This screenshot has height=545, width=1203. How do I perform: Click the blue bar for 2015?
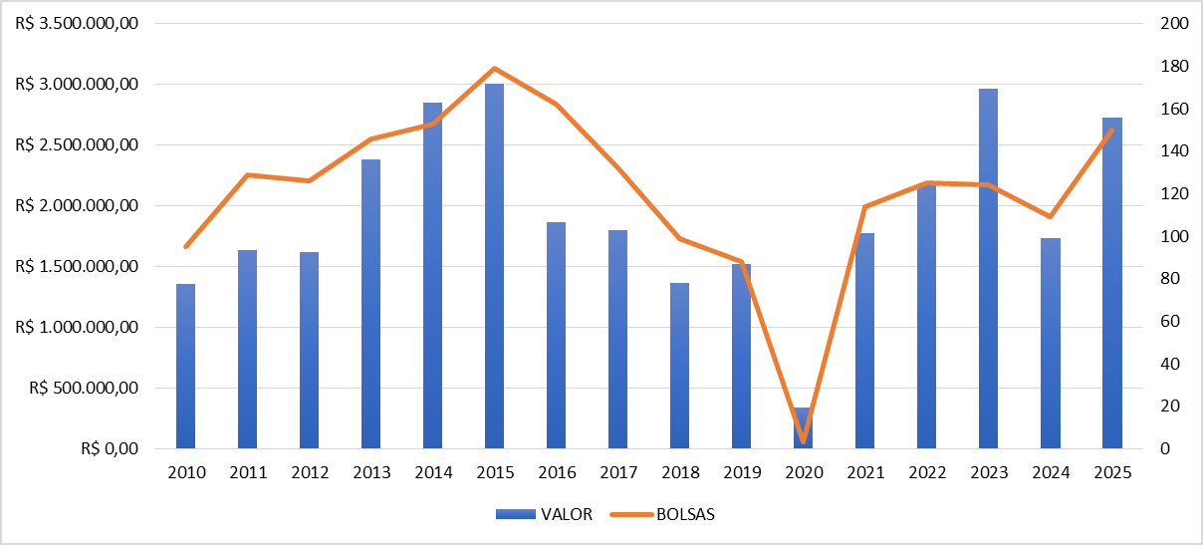pos(494,266)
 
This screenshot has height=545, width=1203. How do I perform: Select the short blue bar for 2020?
pos(803,427)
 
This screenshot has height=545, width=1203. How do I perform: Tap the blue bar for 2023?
pos(988,269)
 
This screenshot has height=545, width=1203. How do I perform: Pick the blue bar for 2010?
pos(185,366)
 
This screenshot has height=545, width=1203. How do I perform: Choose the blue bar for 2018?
pos(679,366)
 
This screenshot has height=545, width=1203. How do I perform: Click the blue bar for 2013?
pos(370,304)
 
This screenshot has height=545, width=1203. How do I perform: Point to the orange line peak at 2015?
pos(495,69)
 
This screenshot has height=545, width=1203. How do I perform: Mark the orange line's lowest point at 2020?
pos(804,441)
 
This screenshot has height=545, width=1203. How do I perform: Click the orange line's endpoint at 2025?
pos(1112,131)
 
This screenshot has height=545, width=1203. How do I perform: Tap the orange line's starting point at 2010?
pos(186,247)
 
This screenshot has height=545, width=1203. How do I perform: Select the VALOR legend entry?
pos(544,514)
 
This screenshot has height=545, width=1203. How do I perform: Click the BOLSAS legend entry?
pos(662,514)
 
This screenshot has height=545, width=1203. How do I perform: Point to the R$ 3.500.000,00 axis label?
pos(77,23)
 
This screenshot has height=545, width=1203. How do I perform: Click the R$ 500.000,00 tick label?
pos(84,388)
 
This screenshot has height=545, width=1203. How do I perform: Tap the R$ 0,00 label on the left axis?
pos(110,448)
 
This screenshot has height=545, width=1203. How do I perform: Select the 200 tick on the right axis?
pos(1174,23)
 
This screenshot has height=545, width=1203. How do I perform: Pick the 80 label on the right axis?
pos(1170,278)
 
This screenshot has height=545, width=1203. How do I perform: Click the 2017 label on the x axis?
pos(618,472)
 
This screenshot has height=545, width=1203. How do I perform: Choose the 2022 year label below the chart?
pos(927,472)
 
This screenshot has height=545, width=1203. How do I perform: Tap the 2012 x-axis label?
pos(310,472)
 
